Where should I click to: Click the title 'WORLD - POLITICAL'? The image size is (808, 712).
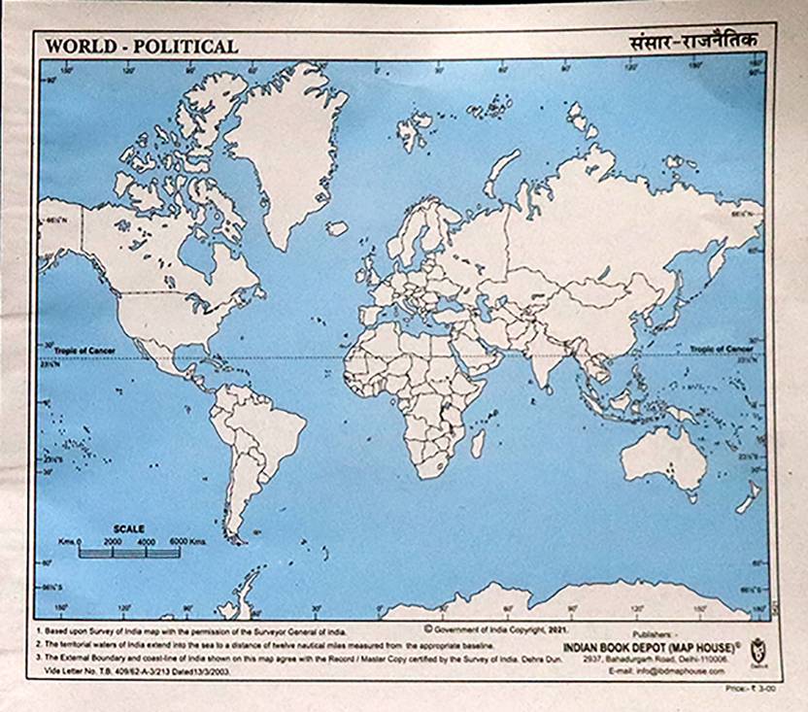(x=142, y=46)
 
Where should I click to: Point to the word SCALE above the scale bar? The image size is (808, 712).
(x=129, y=529)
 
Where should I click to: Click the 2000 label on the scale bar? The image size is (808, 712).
(x=113, y=541)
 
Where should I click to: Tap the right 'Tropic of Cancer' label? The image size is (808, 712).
(x=722, y=348)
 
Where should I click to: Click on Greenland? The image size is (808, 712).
(x=286, y=146)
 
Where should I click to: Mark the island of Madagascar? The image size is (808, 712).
(x=478, y=444)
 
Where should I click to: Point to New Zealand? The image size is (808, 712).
(x=748, y=498)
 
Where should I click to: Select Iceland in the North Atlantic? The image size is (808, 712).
(x=337, y=227)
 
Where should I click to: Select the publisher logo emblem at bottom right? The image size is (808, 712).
(x=757, y=648)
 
